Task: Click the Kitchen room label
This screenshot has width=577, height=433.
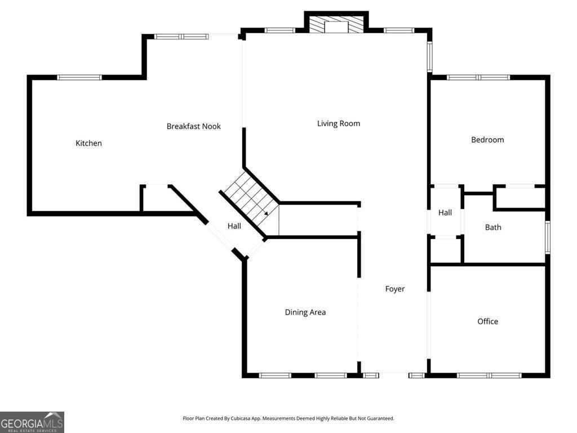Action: [x=89, y=143]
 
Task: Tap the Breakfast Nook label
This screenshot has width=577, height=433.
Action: [x=193, y=126]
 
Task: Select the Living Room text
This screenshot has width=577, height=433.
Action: [x=338, y=123]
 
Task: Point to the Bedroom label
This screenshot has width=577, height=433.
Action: [x=487, y=140]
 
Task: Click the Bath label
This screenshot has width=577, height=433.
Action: [x=493, y=227]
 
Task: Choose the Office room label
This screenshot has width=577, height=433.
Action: [x=487, y=321]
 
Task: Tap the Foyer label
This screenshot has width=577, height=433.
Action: [x=395, y=289]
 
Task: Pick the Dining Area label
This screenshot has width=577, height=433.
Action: [x=305, y=312]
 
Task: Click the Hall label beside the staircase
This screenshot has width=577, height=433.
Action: [x=234, y=226]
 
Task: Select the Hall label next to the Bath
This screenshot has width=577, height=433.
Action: [x=445, y=213]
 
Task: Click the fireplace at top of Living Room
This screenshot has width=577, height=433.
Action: [x=336, y=24]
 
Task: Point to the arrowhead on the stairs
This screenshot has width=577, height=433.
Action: [x=266, y=214]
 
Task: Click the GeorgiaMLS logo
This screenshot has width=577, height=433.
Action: [x=32, y=422]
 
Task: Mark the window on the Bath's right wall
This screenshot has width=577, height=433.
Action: [x=547, y=237]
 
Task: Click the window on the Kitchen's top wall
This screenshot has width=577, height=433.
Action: [x=79, y=77]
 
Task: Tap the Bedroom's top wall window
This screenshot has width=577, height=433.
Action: [x=478, y=77]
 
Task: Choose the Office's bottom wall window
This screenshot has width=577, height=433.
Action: [x=489, y=375]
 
